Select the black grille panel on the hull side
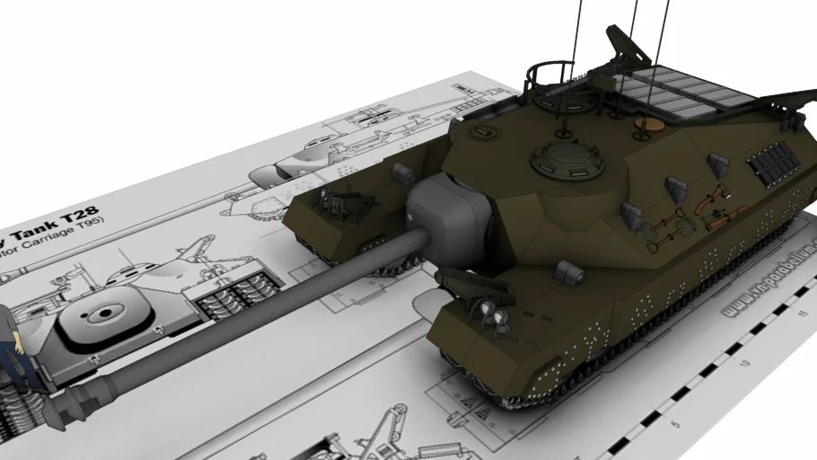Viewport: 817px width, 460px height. point(774,164)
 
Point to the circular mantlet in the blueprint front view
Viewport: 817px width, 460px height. point(104,314)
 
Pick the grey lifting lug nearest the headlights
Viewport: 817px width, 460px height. point(568,270)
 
